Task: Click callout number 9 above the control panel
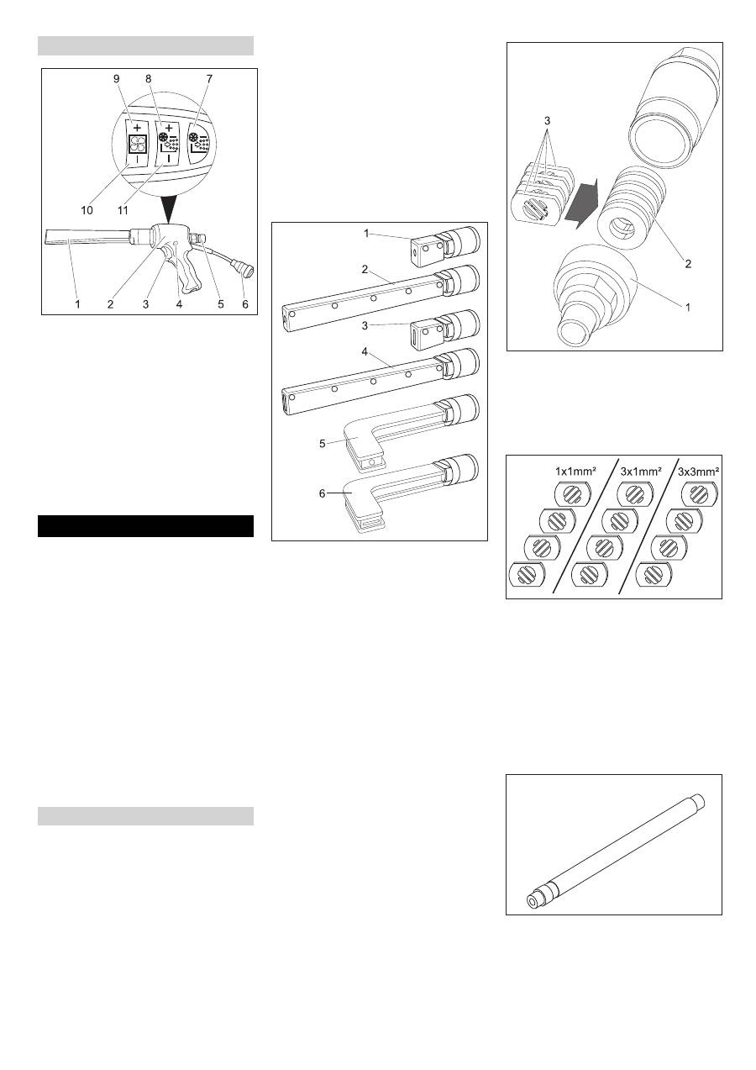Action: point(118,78)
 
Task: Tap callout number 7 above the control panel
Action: point(209,78)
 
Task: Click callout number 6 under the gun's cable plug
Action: point(245,303)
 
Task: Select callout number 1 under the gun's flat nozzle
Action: point(77,303)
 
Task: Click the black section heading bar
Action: point(145,525)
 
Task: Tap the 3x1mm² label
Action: point(640,472)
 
